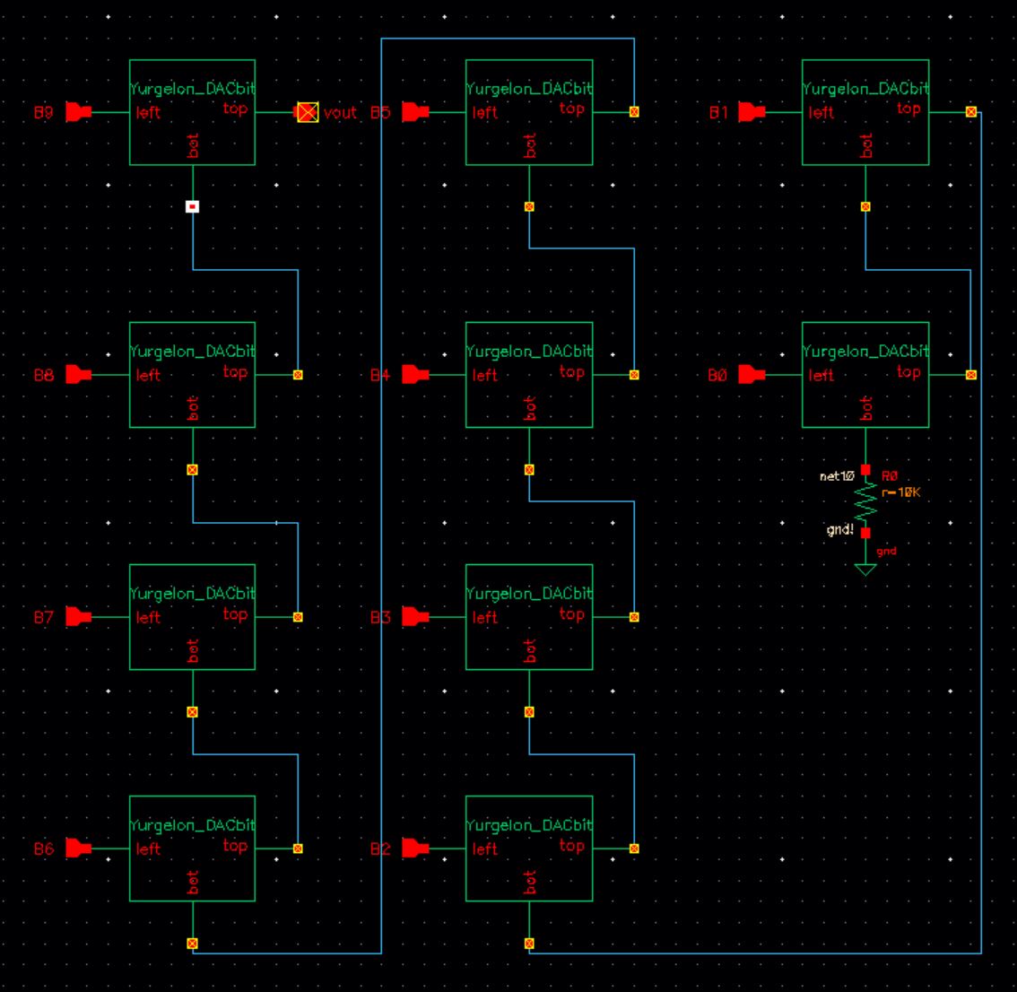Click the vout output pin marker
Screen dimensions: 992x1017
(308, 112)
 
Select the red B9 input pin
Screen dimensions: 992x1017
(79, 112)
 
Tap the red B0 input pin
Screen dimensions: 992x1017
(752, 375)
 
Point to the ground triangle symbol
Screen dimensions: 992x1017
(865, 569)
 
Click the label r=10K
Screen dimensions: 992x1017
(900, 492)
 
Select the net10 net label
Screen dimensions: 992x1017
(836, 476)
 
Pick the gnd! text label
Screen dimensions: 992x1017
(840, 530)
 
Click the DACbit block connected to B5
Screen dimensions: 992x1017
(529, 112)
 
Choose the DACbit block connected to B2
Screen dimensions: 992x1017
(529, 848)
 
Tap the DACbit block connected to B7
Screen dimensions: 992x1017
(192, 616)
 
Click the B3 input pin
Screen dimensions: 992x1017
(415, 617)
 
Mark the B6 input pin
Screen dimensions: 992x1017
(79, 848)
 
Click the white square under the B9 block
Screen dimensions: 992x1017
(192, 206)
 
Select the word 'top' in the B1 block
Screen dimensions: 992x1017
(908, 109)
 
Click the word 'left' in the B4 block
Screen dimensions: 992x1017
(485, 376)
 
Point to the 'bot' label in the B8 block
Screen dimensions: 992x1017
(193, 408)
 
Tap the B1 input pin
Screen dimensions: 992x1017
(752, 112)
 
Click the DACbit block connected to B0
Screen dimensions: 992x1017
(865, 375)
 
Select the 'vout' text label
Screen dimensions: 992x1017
(340, 113)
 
